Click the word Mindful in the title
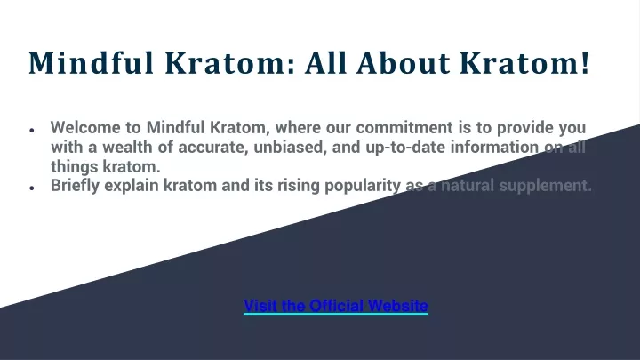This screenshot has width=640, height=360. [x=92, y=63]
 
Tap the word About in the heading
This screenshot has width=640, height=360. [x=403, y=63]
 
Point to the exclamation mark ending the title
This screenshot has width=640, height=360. [x=586, y=63]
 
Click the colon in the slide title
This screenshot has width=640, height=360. [x=291, y=66]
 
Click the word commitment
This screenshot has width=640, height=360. [x=404, y=127]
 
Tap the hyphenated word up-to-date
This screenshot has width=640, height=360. [x=405, y=148]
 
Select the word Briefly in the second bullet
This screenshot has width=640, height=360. [x=75, y=186]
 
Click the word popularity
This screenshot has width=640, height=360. [x=363, y=186]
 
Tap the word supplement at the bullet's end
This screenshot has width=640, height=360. [x=545, y=186]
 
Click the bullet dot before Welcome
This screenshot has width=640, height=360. [x=32, y=130]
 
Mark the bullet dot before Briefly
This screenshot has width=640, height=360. [x=32, y=188]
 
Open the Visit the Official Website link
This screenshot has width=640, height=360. [x=336, y=306]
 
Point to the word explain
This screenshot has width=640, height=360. [x=132, y=186]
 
